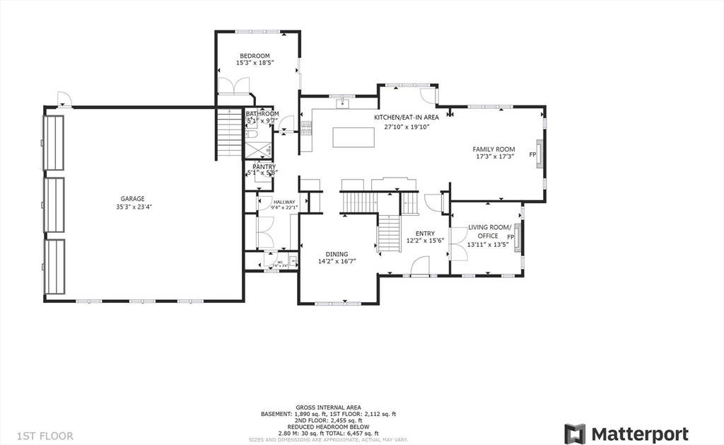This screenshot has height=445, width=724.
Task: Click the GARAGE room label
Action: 132,199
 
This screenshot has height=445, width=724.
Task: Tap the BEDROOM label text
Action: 255,56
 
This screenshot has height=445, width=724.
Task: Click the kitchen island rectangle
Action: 354,137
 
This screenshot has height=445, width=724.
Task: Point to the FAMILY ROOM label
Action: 494,149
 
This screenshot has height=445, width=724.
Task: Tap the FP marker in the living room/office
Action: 510,236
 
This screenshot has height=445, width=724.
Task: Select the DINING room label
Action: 337,254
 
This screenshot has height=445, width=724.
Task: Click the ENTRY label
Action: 425,233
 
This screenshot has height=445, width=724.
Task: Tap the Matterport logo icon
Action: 575,433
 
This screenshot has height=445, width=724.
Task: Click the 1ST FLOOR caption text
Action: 45,436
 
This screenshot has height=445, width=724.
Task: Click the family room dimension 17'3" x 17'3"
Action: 494,157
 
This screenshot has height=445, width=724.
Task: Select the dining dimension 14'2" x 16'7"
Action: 337,262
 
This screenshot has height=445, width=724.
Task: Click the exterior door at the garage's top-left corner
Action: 64,100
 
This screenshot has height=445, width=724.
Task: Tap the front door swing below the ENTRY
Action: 419,267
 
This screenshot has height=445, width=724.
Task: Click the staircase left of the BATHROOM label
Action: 230,134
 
